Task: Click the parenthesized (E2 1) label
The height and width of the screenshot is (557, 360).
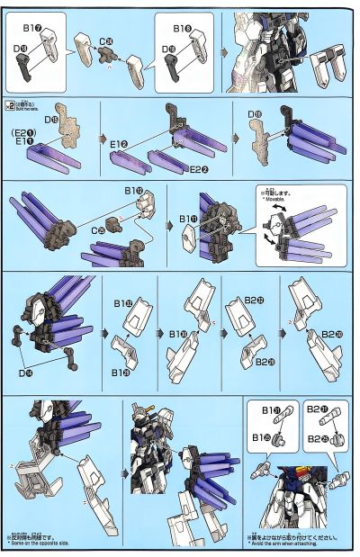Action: click(x=22, y=131)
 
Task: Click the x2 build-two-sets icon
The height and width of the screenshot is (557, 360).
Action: click(x=11, y=104)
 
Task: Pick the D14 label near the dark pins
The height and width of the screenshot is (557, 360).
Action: click(x=34, y=373)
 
